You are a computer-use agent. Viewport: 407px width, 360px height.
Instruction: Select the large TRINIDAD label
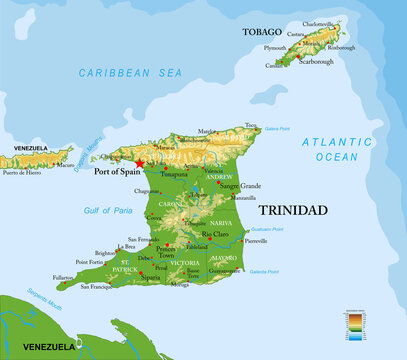coord(294,212)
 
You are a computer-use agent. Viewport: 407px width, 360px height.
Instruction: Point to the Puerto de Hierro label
coord(20,173)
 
